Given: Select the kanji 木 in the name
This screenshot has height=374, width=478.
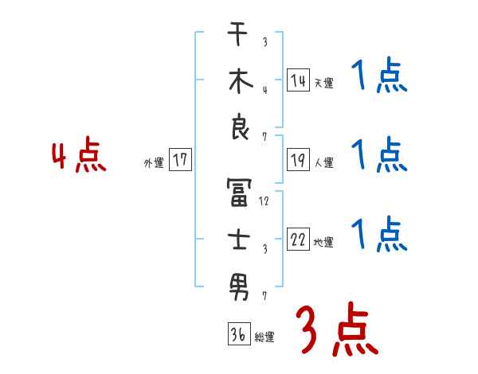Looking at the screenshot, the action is pyautogui.click(x=238, y=82).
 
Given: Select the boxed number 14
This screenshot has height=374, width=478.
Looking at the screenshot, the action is pyautogui.click(x=297, y=80).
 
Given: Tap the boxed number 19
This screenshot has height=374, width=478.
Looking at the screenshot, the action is pyautogui.click(x=297, y=160).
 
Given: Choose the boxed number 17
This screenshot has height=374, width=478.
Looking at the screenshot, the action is pyautogui.click(x=180, y=160).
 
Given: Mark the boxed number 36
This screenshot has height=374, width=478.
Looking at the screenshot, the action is pyautogui.click(x=237, y=335).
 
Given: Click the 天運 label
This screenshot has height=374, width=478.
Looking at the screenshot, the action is pyautogui.click(x=323, y=83).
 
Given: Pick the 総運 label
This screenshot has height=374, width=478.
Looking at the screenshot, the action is pyautogui.click(x=264, y=337).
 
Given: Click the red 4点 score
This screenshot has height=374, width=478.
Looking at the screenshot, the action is pyautogui.click(x=78, y=157).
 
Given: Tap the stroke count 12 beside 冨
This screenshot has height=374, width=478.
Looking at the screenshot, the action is pyautogui.click(x=264, y=201).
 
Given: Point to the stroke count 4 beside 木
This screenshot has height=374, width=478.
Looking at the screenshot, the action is pyautogui.click(x=264, y=89).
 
